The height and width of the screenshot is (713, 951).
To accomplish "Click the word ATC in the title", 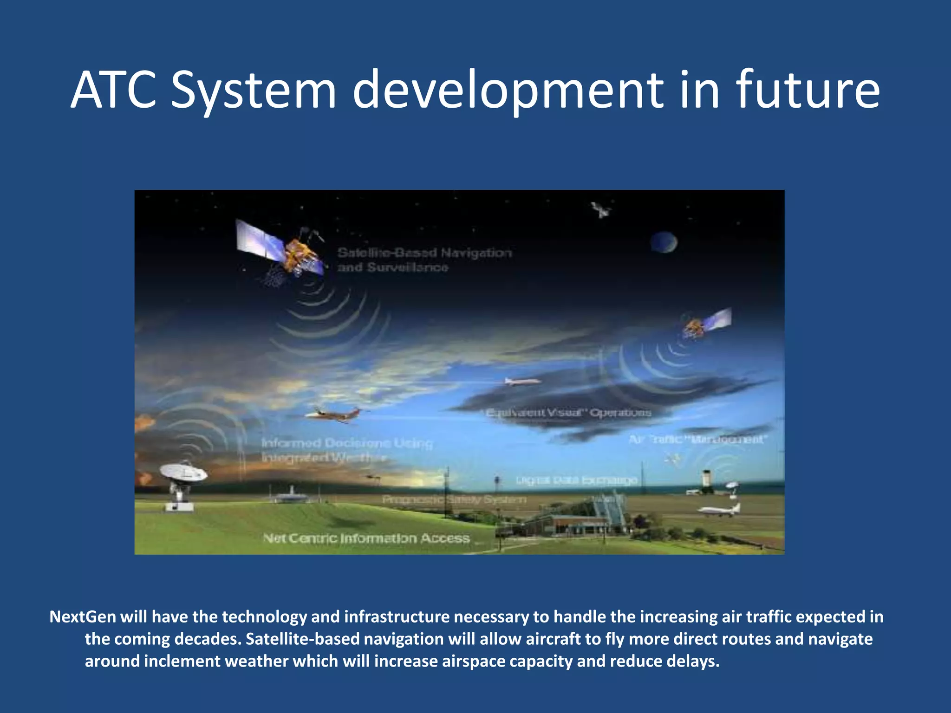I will [x=113, y=90].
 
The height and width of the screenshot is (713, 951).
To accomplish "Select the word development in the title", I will [x=509, y=90].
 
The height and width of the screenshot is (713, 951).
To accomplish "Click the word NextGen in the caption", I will [x=83, y=616].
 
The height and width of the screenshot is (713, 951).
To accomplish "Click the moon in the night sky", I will [x=664, y=242].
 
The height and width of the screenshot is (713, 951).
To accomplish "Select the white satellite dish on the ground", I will [x=184, y=473].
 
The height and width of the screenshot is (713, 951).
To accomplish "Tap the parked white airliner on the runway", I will [x=717, y=510].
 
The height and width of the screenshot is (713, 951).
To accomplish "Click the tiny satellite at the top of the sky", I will [x=601, y=210].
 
